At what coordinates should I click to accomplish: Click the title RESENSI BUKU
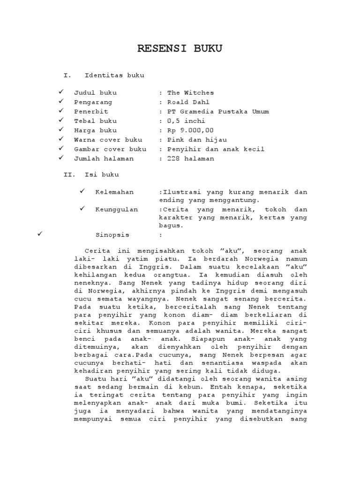tap(180, 49)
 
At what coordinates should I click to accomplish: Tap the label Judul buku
tap(95, 93)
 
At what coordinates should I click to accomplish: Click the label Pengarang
tap(93, 102)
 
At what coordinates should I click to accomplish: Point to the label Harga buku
tap(95, 130)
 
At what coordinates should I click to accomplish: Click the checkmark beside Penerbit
tap(61, 111)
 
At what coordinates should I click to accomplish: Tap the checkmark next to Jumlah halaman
tap(61, 158)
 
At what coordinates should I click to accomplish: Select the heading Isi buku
tap(102, 175)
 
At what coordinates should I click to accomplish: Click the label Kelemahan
tap(114, 192)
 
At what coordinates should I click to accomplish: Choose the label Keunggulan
tap(117, 210)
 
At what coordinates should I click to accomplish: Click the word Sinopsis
tap(112, 235)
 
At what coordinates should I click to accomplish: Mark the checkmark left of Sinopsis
tap(40, 234)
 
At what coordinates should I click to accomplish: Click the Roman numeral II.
tap(69, 175)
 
